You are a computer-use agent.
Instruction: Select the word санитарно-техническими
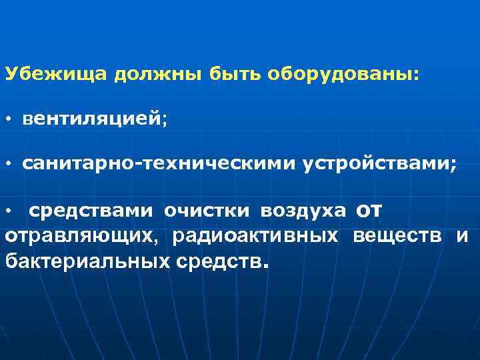(x=159, y=165)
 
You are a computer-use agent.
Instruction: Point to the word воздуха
(x=303, y=211)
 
